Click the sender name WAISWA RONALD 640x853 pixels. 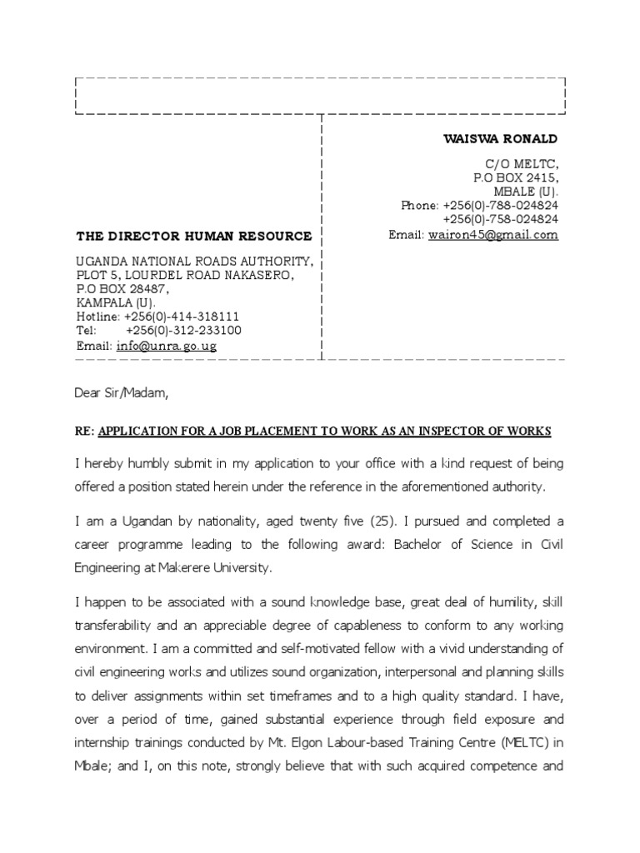click(500, 138)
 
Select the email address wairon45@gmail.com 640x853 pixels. click(492, 235)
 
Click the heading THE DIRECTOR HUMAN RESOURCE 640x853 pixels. click(194, 237)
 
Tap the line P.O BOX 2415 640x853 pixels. click(516, 178)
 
